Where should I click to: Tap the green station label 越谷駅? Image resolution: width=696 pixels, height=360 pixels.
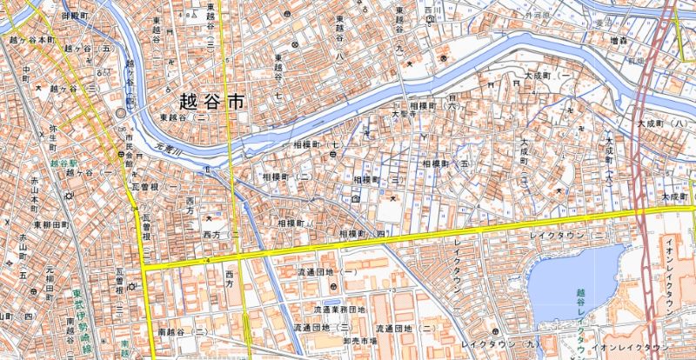click(64, 163)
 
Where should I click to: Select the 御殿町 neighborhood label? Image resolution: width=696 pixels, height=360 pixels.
click(76, 16)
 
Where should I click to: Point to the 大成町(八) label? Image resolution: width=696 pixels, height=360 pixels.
click(662, 124)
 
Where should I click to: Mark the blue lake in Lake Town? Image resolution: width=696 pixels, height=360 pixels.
click(574, 278)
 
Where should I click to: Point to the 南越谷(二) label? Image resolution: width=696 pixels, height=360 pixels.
click(182, 332)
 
